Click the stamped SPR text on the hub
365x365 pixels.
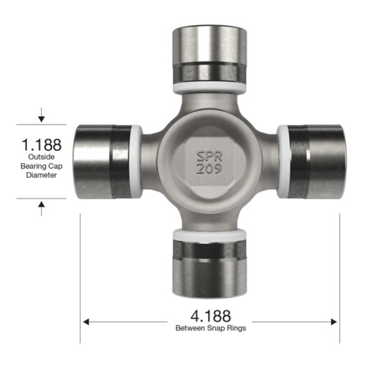(209, 156)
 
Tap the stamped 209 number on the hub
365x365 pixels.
(209, 169)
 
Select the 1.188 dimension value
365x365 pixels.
(41, 145)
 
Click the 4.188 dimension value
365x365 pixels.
(210, 316)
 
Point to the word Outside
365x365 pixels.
(41, 157)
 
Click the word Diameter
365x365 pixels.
(41, 175)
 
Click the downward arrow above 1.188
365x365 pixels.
(41, 115)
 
